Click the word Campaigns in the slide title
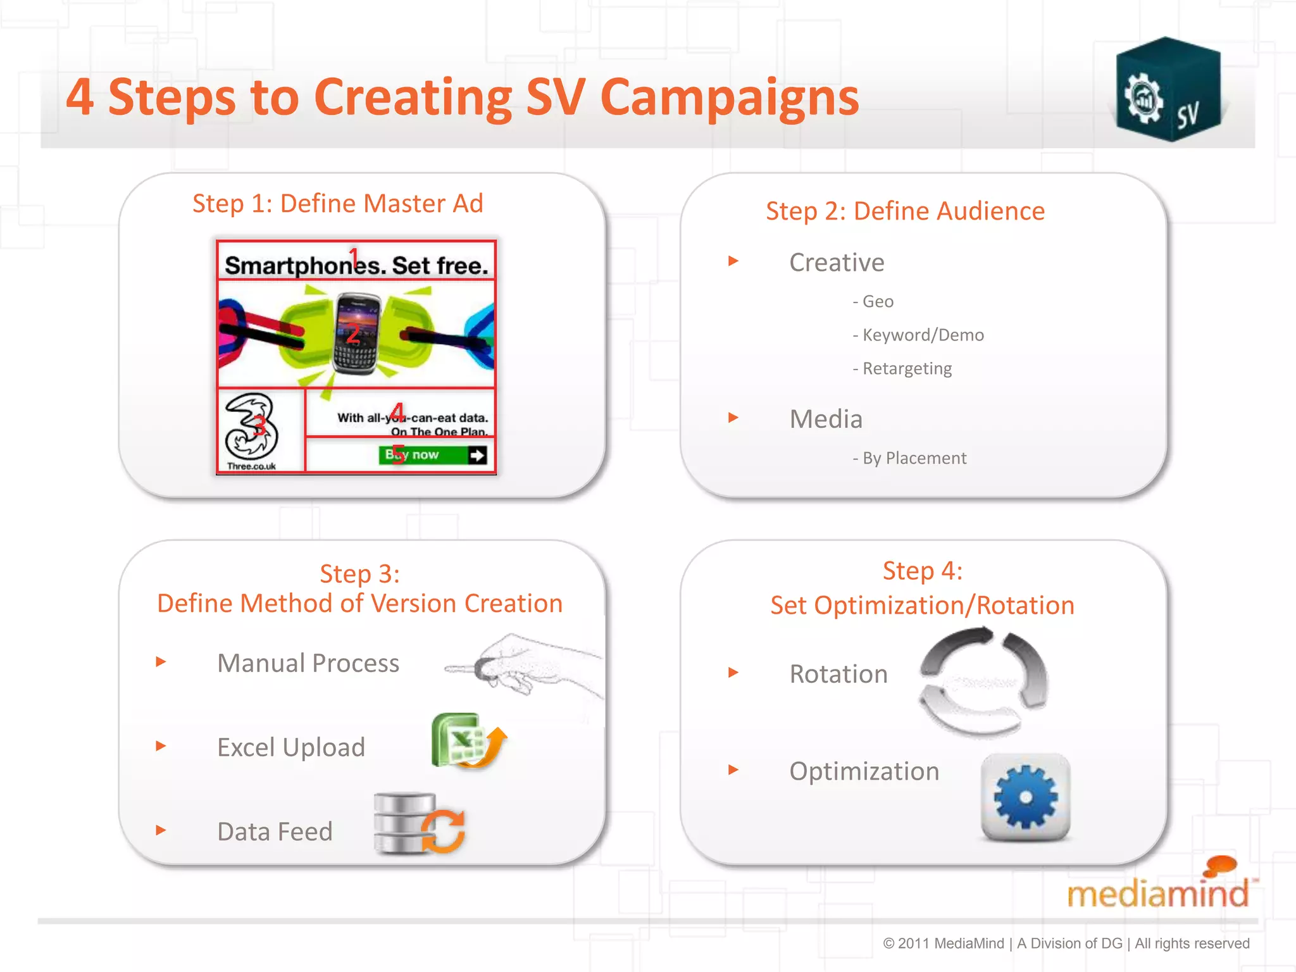(x=729, y=98)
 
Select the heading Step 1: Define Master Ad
(x=337, y=204)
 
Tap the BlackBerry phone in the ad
(x=356, y=333)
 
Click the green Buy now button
(x=433, y=455)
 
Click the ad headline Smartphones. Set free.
(x=356, y=265)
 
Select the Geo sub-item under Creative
(x=873, y=302)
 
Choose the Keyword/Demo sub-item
(x=918, y=335)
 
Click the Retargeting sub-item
(x=902, y=369)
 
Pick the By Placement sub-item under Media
(x=910, y=458)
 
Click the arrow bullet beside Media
(x=733, y=418)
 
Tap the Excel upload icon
(x=467, y=740)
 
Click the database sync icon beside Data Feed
(x=418, y=823)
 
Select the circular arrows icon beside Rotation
(x=983, y=681)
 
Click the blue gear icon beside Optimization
(x=1025, y=797)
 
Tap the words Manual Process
(x=308, y=663)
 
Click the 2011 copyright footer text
(x=1066, y=944)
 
